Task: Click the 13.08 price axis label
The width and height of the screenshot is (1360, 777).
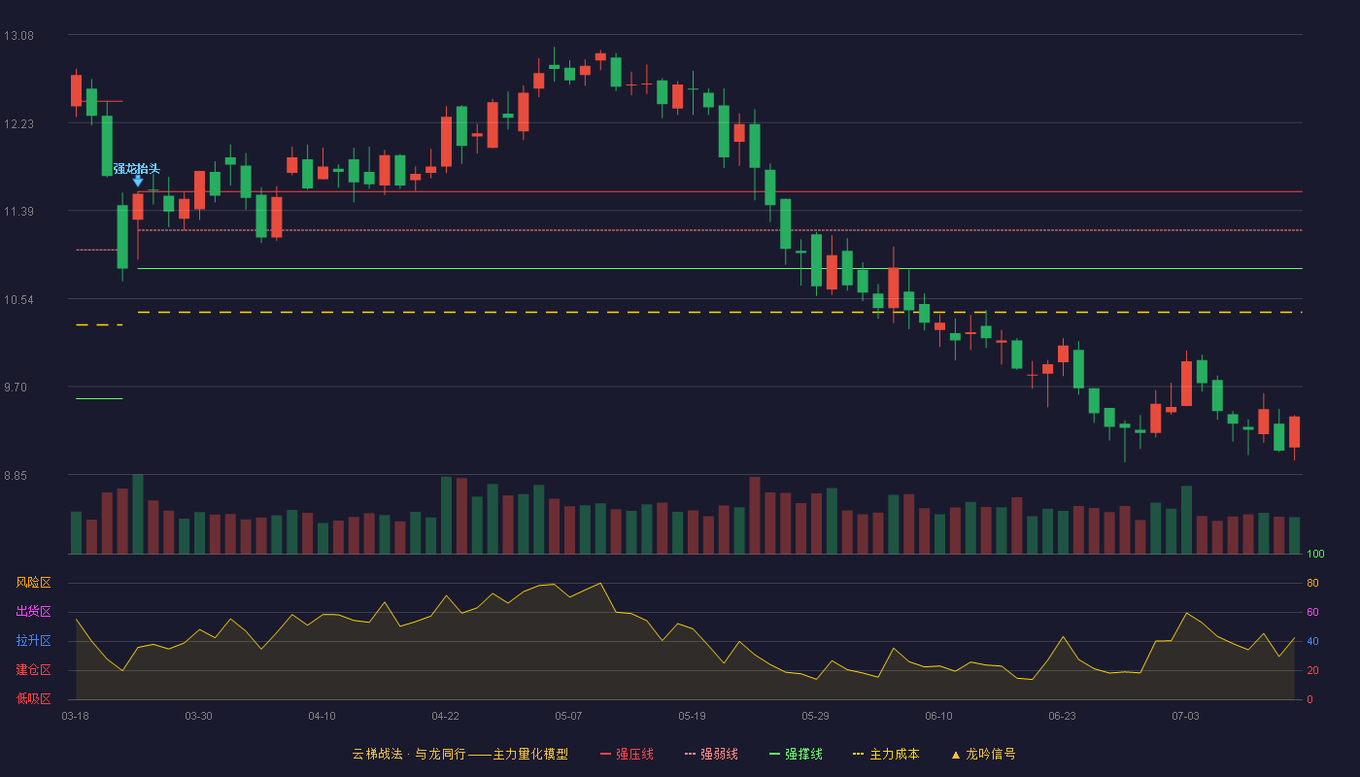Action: pos(18,36)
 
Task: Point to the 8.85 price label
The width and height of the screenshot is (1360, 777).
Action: pos(16,476)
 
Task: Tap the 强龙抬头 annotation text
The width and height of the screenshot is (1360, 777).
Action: pos(137,168)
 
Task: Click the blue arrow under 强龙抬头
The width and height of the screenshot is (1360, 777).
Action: pos(138,181)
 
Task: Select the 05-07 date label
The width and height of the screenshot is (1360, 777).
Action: pos(568,717)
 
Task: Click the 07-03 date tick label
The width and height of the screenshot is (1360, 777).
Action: pos(1185,717)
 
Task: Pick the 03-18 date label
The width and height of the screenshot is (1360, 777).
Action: pos(76,717)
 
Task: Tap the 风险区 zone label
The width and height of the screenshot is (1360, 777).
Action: pos(33,583)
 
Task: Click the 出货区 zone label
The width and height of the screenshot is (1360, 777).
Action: pos(33,611)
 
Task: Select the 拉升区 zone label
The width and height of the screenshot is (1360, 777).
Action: pos(33,640)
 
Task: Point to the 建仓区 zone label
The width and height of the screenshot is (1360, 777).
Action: pos(33,669)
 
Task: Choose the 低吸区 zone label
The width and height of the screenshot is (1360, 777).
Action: pos(33,698)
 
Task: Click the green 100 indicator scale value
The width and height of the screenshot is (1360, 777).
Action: pos(1315,554)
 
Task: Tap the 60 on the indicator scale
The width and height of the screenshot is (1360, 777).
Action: pos(1312,612)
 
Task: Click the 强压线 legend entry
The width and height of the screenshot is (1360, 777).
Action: pos(627,754)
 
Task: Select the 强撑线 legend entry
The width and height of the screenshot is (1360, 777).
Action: pos(796,754)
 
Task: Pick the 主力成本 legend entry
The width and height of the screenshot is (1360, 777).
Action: pos(886,754)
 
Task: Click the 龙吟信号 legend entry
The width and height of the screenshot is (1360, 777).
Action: pos(983,754)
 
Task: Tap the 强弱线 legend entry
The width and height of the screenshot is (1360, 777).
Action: pos(711,754)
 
